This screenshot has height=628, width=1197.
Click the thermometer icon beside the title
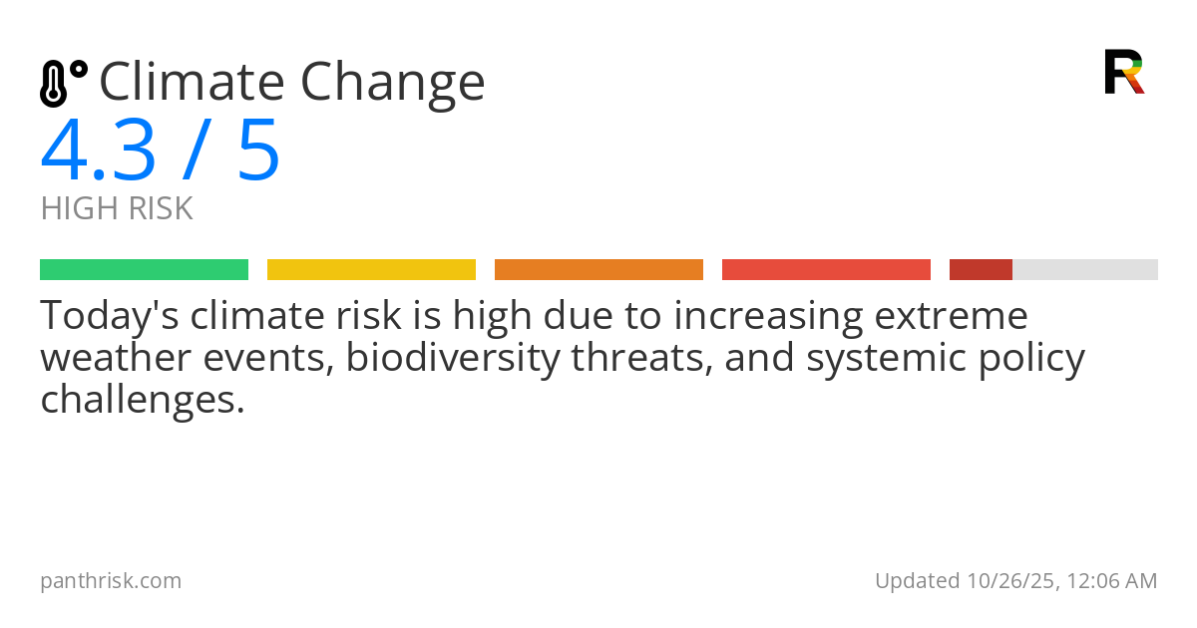(62, 83)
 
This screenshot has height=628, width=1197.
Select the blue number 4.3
(98, 152)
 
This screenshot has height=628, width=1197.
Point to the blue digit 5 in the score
(258, 152)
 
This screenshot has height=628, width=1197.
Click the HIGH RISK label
(117, 209)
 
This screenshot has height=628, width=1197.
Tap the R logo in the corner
(1123, 72)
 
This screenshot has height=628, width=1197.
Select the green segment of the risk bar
(144, 270)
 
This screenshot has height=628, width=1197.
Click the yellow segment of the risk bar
(371, 270)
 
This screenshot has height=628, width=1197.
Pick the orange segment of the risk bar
(598, 270)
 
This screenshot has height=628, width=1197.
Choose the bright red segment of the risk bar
(826, 270)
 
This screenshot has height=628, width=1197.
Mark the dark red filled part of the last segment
(981, 270)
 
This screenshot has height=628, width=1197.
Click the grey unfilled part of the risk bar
(1085, 270)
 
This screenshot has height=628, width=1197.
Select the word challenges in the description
(142, 401)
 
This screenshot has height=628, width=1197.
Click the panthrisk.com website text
(111, 581)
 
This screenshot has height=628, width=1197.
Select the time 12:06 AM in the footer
(1112, 581)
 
